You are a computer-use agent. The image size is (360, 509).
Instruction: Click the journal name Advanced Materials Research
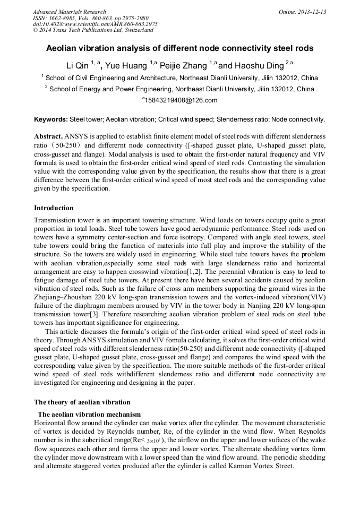(69, 12)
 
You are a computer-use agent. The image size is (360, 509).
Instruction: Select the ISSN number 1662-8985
(64, 18)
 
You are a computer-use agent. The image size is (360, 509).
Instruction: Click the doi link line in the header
(95, 24)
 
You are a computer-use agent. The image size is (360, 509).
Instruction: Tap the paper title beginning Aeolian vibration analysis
(180, 48)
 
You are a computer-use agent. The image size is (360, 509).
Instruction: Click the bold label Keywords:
(51, 120)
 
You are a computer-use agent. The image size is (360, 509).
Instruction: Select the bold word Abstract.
(49, 136)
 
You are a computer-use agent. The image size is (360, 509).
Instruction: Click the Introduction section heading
(54, 208)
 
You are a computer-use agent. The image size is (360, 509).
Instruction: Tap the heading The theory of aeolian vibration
(82, 402)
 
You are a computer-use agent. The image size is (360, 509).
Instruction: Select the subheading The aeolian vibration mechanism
(89, 414)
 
